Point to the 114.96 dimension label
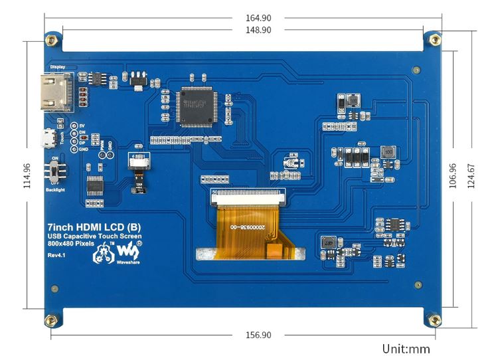pos(27,175)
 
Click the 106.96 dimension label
pos(454,176)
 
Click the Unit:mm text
pos(406,349)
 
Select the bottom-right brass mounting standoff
pos(435,321)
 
